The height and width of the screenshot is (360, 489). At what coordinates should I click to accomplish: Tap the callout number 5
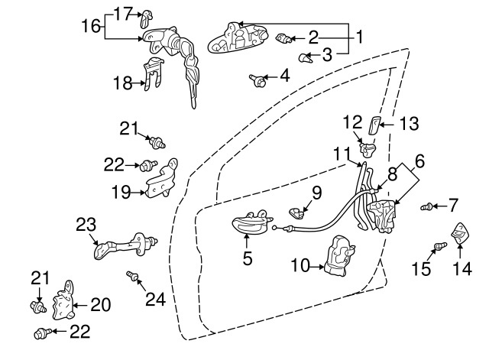tap(247, 259)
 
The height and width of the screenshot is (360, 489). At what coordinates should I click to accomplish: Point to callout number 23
tap(86, 224)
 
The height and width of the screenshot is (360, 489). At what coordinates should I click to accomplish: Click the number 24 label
tap(155, 299)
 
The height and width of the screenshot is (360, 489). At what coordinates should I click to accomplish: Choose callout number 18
tap(123, 83)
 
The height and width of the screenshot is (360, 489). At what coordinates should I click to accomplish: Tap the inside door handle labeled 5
tap(251, 222)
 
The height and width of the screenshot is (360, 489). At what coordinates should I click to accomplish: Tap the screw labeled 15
tap(439, 246)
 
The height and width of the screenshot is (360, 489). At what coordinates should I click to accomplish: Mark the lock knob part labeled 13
tap(374, 125)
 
